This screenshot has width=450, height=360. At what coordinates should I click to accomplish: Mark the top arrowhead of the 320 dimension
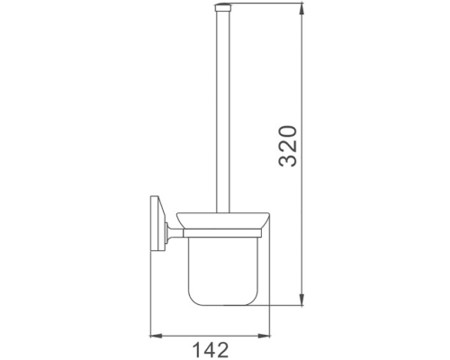[x=301, y=12]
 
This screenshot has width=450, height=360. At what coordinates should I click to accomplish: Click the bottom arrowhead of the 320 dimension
[x=301, y=305]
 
